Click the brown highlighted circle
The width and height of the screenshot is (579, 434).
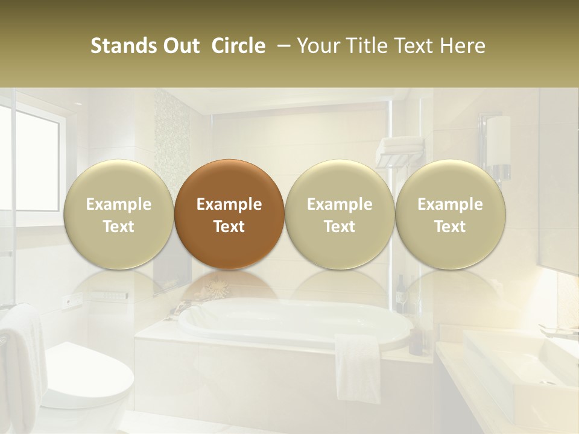229,214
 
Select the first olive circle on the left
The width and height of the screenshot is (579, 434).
119,214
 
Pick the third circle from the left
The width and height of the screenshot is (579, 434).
340,214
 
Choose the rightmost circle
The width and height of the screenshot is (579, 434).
451,214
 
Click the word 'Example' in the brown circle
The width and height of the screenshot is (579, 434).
229,204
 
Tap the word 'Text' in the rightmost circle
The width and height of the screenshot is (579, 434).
451,227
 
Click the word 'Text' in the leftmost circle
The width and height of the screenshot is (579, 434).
119,227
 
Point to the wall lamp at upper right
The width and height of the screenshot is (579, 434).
498,145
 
